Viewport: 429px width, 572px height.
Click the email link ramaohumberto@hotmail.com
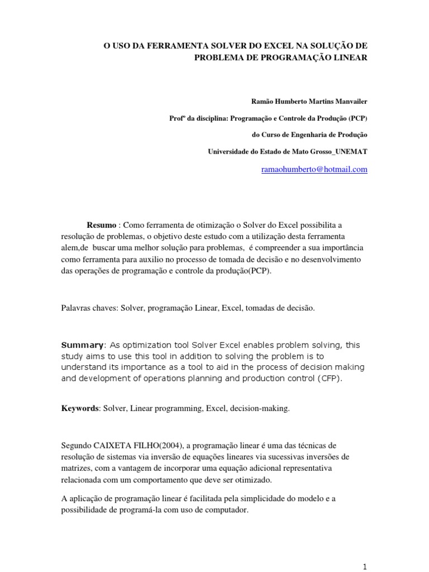314,169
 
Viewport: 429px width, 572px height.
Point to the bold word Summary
82,345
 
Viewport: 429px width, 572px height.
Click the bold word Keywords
80,408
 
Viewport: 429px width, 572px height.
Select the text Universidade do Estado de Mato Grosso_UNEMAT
288,151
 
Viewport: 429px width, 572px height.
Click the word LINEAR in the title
348,58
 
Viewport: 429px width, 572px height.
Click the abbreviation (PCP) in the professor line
357,118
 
